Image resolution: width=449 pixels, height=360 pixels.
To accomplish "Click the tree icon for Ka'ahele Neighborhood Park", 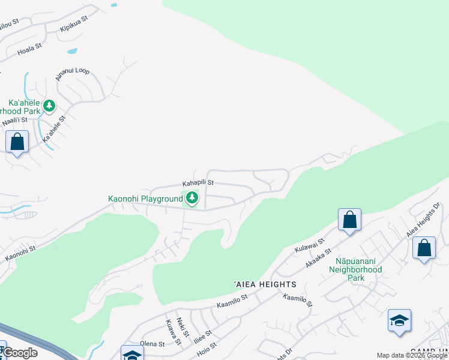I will tap(49, 106).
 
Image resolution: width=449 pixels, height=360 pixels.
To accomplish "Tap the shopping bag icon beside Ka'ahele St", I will tap(17, 143).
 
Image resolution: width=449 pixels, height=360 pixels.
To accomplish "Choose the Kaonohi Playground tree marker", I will tap(192, 197).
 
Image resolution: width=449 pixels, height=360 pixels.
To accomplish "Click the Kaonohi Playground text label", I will tap(145, 199).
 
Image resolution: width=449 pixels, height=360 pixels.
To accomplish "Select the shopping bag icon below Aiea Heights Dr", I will tap(424, 248).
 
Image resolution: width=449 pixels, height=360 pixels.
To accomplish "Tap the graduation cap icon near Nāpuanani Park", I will tap(399, 320).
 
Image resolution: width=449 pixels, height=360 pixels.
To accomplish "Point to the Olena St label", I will tap(152, 344).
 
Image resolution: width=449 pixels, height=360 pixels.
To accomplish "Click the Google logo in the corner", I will tap(20, 353).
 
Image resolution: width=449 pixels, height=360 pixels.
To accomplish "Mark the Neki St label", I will tap(183, 327).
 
